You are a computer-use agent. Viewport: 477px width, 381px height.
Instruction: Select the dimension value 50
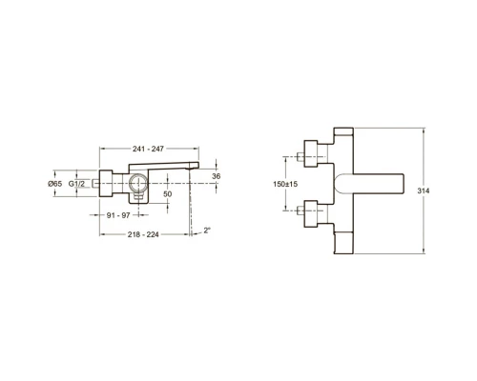click(x=168, y=193)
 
